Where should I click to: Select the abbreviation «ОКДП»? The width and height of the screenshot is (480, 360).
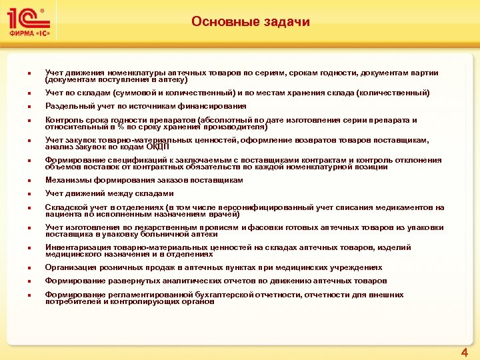[157, 147]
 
